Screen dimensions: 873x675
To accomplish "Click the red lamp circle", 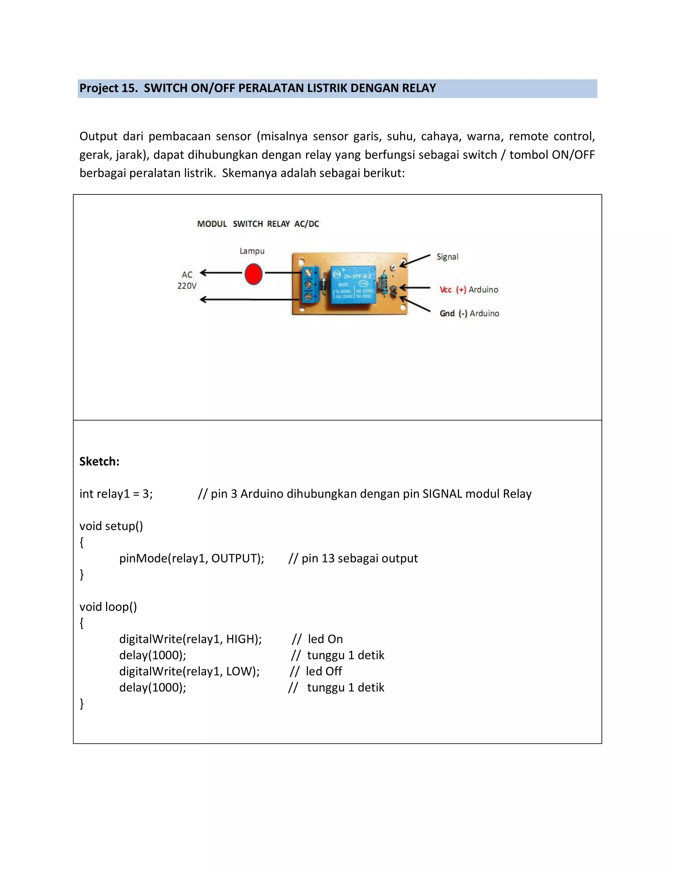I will click(253, 274).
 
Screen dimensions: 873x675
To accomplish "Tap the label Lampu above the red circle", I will click(252, 251).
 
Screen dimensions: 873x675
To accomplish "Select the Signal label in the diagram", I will click(447, 257).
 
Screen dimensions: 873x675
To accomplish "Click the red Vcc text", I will click(446, 290).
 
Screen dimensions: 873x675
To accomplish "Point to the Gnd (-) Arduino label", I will click(469, 313).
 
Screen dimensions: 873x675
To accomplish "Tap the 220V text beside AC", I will click(187, 286).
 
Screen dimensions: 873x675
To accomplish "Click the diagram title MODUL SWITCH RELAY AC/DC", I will click(258, 224).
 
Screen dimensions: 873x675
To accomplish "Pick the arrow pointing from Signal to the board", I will click(415, 261).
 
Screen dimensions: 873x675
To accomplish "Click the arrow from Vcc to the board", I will click(415, 287).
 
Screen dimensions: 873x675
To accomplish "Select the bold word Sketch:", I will click(99, 461).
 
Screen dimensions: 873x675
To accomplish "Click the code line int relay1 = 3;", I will click(116, 494).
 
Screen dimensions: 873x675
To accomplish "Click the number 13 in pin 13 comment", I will click(328, 558).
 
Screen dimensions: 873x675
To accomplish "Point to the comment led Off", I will click(324, 671).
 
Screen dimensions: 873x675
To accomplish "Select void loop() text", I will click(108, 607).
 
